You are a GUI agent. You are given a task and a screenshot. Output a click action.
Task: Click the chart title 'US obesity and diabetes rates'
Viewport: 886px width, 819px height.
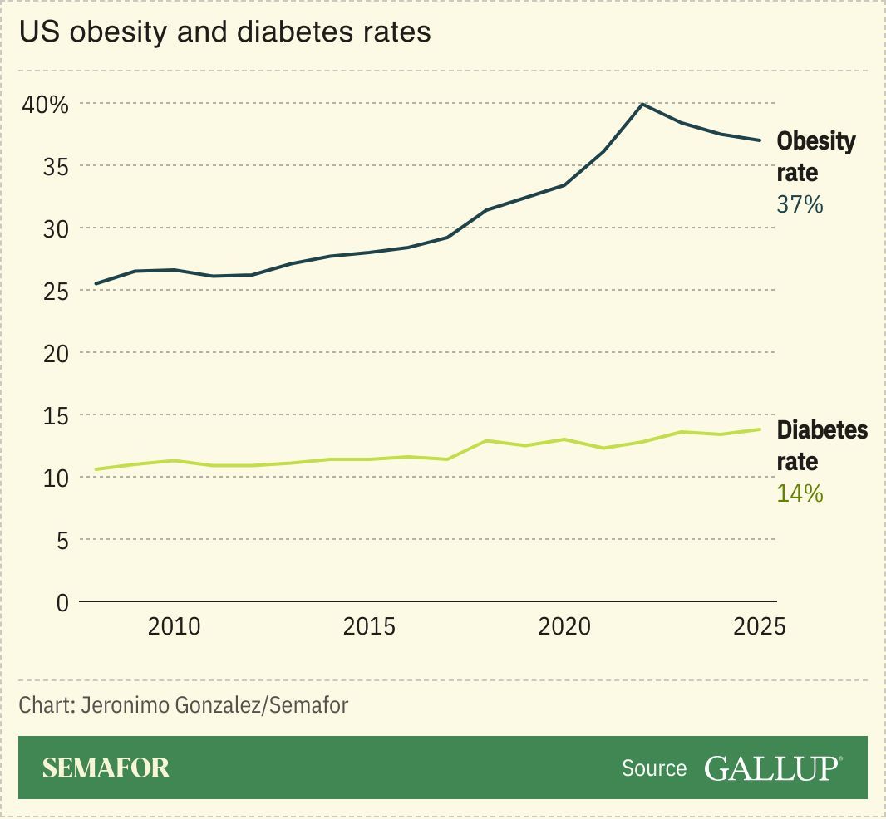pyautogui.click(x=225, y=32)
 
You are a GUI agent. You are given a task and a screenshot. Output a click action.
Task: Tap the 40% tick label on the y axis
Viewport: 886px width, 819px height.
pyautogui.click(x=45, y=105)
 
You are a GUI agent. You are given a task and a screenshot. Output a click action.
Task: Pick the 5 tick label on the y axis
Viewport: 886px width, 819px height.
pyautogui.click(x=62, y=540)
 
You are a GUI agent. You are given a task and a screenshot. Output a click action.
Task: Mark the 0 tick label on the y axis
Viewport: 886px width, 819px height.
pyautogui.click(x=62, y=602)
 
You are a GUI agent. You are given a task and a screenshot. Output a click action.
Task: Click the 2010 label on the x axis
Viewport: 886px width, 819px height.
pyautogui.click(x=174, y=626)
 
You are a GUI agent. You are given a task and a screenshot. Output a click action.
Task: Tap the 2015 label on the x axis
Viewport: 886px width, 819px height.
pyautogui.click(x=369, y=626)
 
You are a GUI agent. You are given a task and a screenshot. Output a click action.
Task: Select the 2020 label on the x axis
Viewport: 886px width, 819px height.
pyautogui.click(x=564, y=626)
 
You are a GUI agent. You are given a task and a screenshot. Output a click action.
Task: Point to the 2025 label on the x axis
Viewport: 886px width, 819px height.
pyautogui.click(x=759, y=626)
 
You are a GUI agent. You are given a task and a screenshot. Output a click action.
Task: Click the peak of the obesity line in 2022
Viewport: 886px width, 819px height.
pyautogui.click(x=642, y=104)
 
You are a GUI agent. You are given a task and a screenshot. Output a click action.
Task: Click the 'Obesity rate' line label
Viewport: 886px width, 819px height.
pyautogui.click(x=815, y=156)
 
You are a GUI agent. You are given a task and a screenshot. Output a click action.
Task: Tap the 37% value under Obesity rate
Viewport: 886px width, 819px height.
pyautogui.click(x=800, y=204)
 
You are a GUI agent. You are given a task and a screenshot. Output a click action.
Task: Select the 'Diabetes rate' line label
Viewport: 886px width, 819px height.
pyautogui.click(x=821, y=445)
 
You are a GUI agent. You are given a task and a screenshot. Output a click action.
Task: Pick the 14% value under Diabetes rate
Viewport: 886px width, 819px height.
pyautogui.click(x=800, y=493)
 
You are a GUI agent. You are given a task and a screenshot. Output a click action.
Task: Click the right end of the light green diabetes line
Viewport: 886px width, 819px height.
pyautogui.click(x=759, y=429)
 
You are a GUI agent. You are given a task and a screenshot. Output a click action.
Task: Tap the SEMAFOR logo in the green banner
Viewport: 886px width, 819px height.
pyautogui.click(x=106, y=768)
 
